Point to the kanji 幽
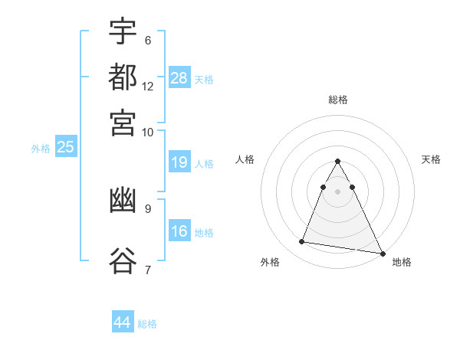coord(123,201)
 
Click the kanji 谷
coord(123,260)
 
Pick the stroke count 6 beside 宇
coord(148,40)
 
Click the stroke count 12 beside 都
coord(148,86)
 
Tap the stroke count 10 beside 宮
coord(148,132)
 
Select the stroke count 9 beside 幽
coord(148,208)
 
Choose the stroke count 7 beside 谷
coord(148,269)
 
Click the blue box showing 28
coord(179,78)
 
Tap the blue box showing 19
coord(179,162)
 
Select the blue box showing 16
coord(179,231)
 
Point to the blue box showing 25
coord(65,147)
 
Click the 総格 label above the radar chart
coord(338,100)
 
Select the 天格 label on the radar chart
coord(431,159)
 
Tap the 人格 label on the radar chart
coord(245,159)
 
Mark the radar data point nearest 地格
coord(381,253)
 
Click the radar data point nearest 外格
coord(302,242)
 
